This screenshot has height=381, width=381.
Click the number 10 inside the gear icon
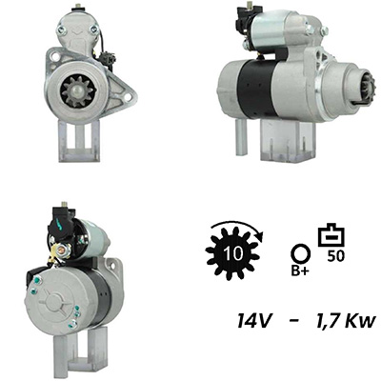(233, 253)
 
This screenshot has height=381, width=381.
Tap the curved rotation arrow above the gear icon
(237, 226)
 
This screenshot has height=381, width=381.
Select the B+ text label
(300, 271)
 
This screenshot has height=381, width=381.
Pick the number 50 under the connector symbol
(335, 256)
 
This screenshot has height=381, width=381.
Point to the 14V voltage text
(253, 321)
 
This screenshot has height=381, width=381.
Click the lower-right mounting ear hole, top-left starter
(127, 96)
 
